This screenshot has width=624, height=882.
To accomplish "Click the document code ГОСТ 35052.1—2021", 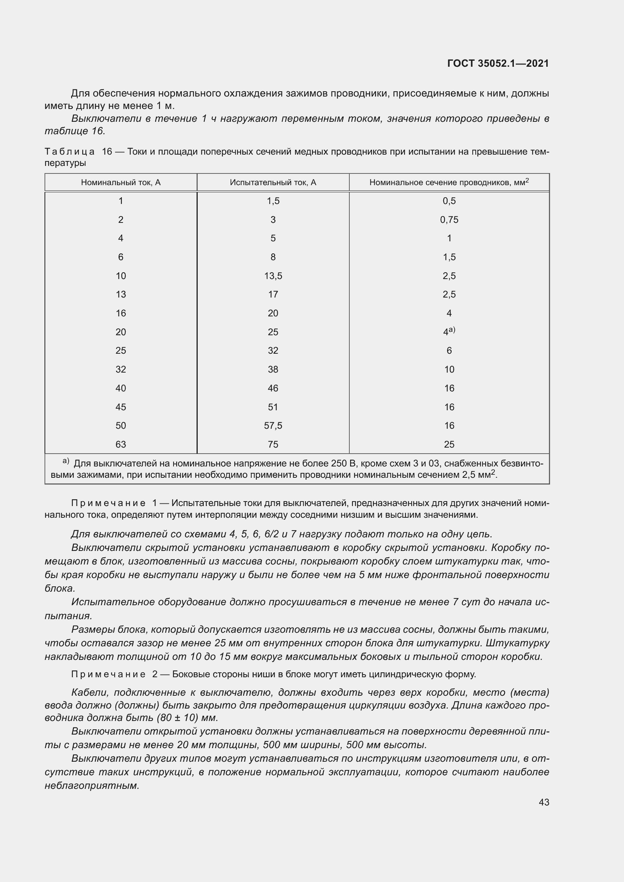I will click(498, 63).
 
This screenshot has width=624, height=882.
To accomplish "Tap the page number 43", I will click(544, 802).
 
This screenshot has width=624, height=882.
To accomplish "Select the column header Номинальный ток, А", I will click(121, 183).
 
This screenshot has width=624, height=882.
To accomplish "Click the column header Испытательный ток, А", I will click(273, 183).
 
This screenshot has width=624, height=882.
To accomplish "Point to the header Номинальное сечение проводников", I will click(449, 183).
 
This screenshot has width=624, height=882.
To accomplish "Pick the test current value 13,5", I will click(273, 276).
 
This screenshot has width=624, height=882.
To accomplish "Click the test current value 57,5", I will click(273, 426).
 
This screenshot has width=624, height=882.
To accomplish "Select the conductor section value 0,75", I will click(449, 220).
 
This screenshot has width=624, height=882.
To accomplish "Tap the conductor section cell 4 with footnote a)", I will click(449, 332).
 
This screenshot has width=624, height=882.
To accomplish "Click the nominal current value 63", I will click(121, 445).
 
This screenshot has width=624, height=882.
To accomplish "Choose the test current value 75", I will click(273, 445).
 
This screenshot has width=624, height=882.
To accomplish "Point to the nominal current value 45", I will click(121, 407).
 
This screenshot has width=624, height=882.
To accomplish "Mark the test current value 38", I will click(273, 370).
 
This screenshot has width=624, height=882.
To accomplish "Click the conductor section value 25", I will click(449, 445).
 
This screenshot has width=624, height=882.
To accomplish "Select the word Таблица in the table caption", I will click(69, 152).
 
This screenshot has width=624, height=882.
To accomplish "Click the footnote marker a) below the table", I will click(66, 461).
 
